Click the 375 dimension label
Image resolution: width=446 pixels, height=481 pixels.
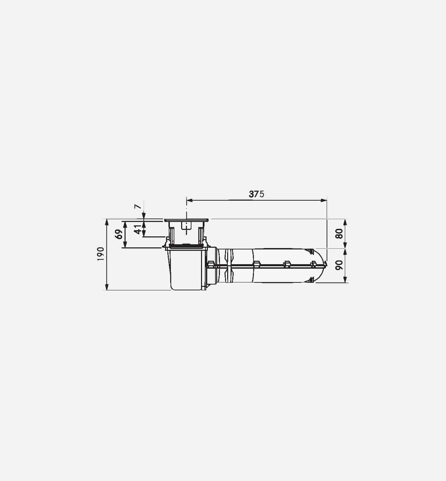[x=256, y=194]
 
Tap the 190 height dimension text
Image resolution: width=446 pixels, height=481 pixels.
[x=100, y=254]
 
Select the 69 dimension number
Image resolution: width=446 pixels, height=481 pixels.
[x=119, y=234]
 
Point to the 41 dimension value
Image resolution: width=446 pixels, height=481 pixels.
[x=138, y=229]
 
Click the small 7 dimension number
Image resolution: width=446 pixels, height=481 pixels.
[x=138, y=207]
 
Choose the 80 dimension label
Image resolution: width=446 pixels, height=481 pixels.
[x=339, y=234]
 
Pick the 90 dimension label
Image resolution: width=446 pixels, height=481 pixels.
[x=339, y=265]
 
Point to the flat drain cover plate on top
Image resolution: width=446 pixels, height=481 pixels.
[x=186, y=220]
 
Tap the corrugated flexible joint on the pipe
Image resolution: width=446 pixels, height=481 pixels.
[x=229, y=265]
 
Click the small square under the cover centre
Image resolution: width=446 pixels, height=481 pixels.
[x=186, y=225]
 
